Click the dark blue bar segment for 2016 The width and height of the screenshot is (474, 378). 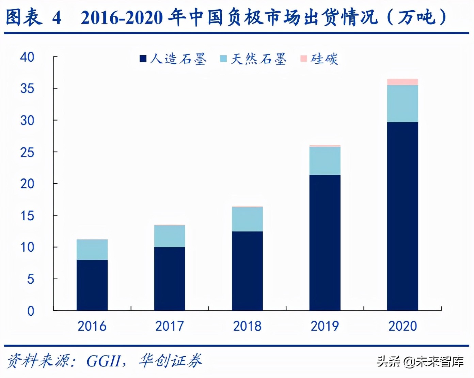(92, 285)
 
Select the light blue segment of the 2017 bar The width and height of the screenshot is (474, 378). (170, 236)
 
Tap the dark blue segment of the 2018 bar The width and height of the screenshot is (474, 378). (247, 271)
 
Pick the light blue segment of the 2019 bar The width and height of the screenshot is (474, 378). (325, 161)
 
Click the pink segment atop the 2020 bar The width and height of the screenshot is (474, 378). (402, 82)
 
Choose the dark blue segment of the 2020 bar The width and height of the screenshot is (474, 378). (402, 216)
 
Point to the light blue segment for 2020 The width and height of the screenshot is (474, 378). (402, 104)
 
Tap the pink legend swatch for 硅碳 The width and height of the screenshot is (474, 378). (304, 59)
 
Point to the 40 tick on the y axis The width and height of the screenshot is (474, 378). (27, 57)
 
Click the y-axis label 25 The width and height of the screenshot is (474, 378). (27, 152)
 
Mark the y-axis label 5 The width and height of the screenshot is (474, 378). (31, 279)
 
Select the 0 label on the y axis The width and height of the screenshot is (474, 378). (31, 311)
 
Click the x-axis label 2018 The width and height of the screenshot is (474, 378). (247, 326)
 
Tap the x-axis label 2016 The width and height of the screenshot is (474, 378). (92, 326)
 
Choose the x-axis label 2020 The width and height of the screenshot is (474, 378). (402, 326)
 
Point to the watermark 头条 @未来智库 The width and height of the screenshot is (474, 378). (420, 361)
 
